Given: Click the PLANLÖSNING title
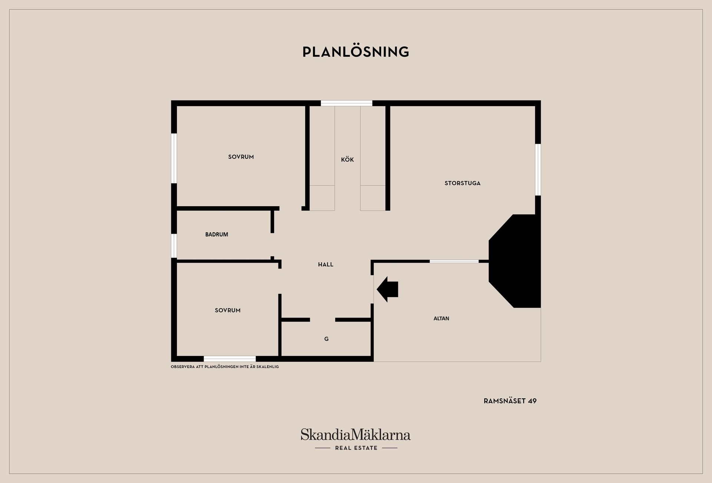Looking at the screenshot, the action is coord(356,52).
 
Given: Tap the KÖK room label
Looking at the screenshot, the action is coord(347,160).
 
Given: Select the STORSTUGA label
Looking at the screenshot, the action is coord(462,183).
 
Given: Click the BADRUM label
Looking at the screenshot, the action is coord(217,234).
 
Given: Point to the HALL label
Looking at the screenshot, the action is coord(326,264).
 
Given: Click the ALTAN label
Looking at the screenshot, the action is coord(441,318).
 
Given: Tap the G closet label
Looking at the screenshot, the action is coord(326,339).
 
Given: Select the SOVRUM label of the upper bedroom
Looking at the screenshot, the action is coord(241,157).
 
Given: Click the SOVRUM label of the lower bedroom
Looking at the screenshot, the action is coord(228,310).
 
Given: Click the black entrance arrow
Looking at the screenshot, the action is coord(387,289).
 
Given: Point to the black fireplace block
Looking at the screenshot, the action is coord(515,261).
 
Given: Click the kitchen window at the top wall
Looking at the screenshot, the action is coord(346,103).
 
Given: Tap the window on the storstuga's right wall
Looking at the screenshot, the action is coord(538,170).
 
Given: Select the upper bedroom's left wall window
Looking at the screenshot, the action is coord(174,158).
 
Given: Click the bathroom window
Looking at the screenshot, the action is coord(174,246).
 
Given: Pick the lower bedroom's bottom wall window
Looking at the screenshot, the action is coord(230,359).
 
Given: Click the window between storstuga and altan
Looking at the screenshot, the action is coord(454,262).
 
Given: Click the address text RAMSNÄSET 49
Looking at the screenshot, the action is coord(510,401).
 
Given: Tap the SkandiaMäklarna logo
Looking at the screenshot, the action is coord(356,439).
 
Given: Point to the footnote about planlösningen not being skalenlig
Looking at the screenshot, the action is coord(225,367).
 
